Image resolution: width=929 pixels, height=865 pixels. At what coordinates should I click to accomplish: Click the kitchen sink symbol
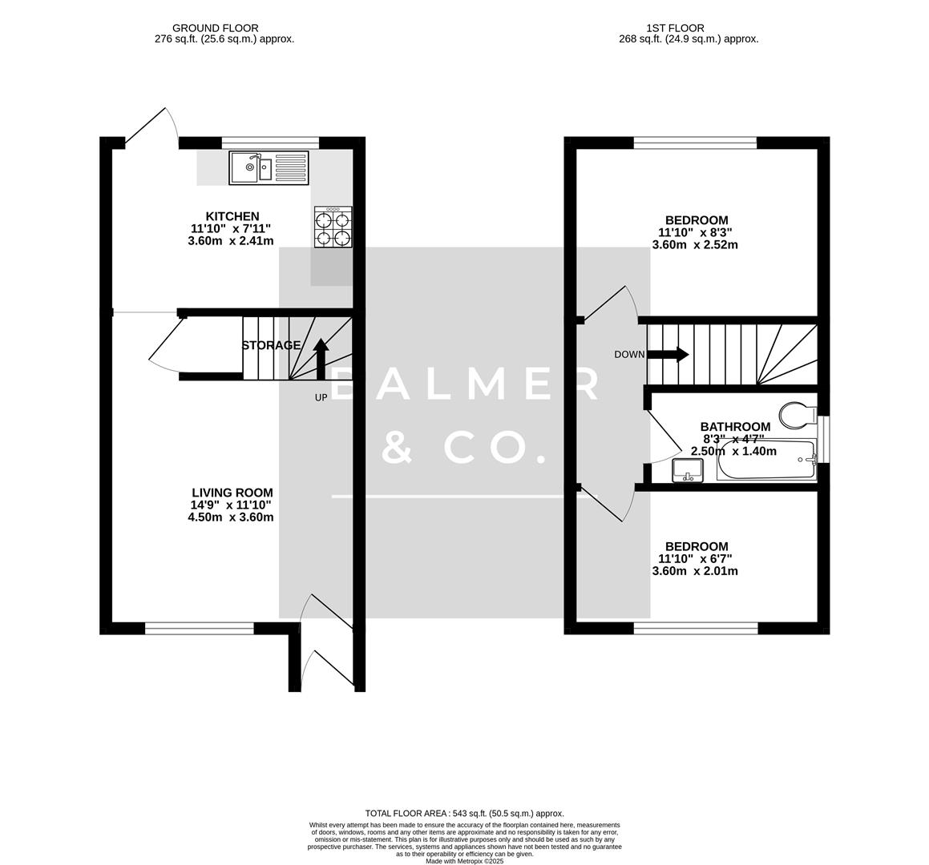[x=269, y=167]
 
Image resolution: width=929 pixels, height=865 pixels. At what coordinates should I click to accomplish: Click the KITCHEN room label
[x=232, y=216]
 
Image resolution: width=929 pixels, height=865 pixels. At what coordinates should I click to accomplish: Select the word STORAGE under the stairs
[x=272, y=345]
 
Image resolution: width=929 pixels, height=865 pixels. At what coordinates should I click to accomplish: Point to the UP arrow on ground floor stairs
[x=321, y=357]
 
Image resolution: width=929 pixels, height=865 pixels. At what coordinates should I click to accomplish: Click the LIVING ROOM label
[x=232, y=493]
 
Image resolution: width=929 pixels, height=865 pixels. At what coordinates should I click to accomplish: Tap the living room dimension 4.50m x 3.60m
[x=231, y=517]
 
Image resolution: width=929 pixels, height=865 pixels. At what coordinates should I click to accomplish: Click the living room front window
[x=199, y=629]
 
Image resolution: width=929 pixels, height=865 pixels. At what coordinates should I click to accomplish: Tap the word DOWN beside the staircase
[x=629, y=355]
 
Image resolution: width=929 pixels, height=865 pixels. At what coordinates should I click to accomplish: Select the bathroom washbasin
[x=688, y=470]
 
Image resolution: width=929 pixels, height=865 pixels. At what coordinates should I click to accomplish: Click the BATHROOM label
[x=735, y=427]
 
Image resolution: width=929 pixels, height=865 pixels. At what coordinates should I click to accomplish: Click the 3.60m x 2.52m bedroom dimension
[x=695, y=245]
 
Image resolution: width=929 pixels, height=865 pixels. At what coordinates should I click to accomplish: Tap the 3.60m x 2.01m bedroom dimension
[x=695, y=571]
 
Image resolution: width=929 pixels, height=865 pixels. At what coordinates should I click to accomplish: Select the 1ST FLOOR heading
[x=650, y=28]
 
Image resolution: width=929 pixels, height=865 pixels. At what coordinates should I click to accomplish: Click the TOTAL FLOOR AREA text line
[x=464, y=813]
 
